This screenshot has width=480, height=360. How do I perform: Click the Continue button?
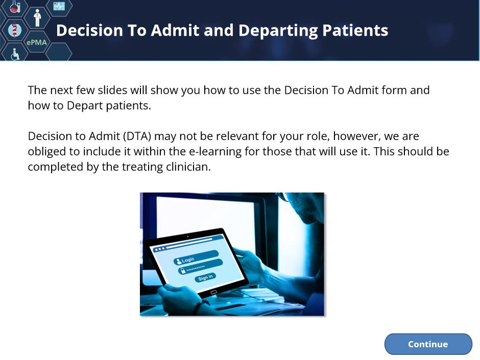[x=428, y=344]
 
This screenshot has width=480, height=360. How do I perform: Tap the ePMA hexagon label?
[x=37, y=42]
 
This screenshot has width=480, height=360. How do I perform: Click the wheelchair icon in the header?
[x=15, y=54]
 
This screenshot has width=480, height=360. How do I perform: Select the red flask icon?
[x=15, y=6]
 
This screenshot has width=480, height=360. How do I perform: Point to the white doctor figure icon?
[x=37, y=18]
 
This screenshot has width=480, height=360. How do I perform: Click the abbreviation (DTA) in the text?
[x=137, y=136]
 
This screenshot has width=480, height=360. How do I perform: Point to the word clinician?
[x=188, y=167]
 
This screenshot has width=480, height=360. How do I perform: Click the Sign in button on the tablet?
[x=205, y=277]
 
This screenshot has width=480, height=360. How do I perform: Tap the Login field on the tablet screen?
[x=196, y=257]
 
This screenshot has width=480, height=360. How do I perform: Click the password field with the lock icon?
[x=200, y=267]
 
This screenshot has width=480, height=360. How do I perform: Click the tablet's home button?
[x=213, y=292]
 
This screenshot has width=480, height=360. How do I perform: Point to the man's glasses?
[x=283, y=197]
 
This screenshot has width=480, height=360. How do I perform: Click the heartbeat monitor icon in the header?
[x=59, y=6]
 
